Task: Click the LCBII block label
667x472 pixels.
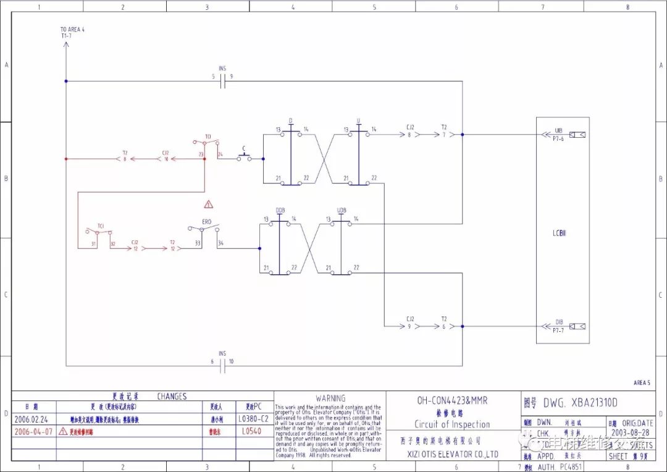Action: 560,233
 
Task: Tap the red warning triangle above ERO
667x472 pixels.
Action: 209,203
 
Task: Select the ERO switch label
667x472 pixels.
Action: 207,221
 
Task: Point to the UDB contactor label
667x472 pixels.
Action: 342,211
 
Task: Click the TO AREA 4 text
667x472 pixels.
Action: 72,29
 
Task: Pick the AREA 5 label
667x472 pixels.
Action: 641,383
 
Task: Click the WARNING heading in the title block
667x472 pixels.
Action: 330,398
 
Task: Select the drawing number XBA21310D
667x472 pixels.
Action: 580,403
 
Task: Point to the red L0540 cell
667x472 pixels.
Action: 251,432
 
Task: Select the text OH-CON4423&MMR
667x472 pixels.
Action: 452,400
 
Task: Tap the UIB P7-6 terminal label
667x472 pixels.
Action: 558,135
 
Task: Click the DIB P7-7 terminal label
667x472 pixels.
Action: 558,326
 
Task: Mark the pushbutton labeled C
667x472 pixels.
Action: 245,158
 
